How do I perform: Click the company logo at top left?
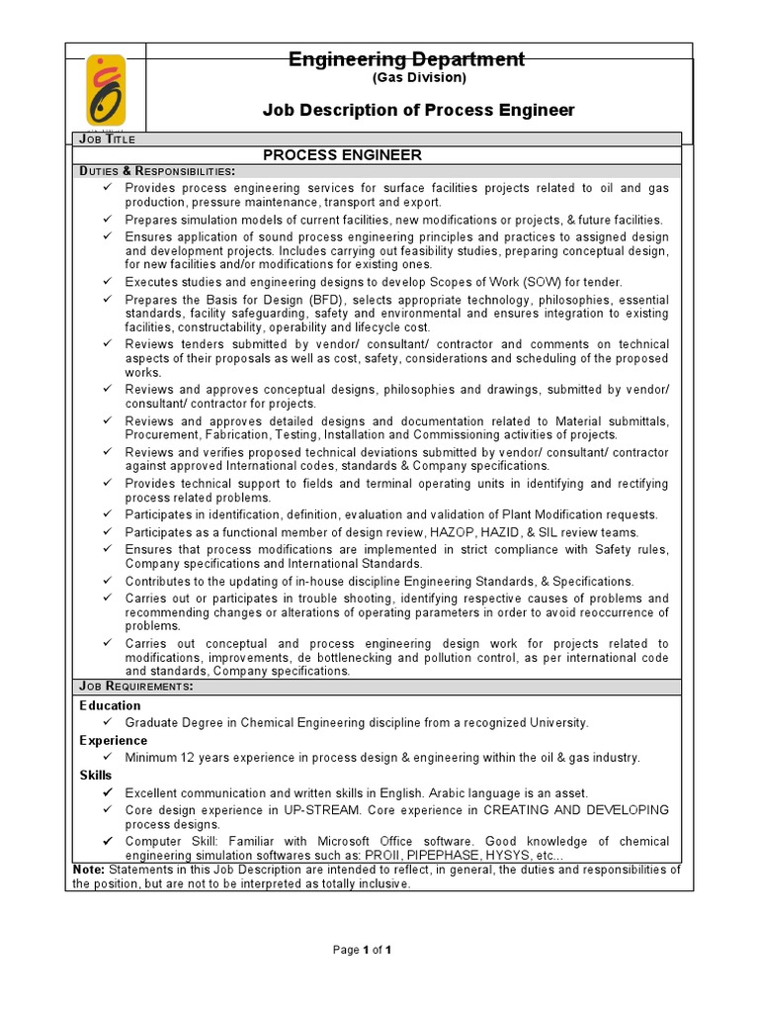[x=106, y=90]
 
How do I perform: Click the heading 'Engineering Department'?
[x=406, y=59]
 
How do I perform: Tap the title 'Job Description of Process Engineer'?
[x=418, y=110]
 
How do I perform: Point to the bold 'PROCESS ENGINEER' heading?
[x=342, y=155]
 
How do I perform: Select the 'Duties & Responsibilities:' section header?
[x=157, y=171]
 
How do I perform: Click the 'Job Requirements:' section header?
[x=136, y=687]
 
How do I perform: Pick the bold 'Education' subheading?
[x=110, y=706]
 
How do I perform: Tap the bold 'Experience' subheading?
[x=114, y=741]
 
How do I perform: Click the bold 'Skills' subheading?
[x=96, y=776]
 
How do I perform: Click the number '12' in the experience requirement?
[x=187, y=758]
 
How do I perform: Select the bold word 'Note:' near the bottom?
[x=90, y=870]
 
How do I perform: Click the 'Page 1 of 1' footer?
[x=363, y=950]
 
